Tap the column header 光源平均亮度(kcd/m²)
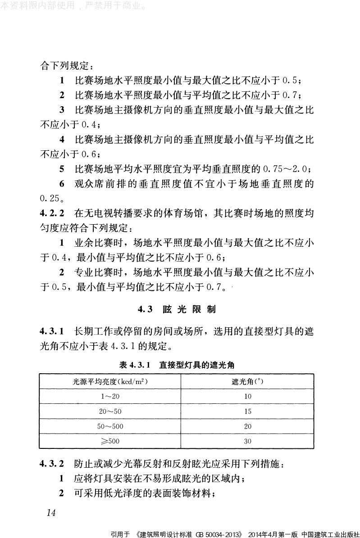tap(110, 381)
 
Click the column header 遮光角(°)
tap(247, 381)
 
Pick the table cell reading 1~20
tap(110, 396)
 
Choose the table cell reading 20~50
tap(110, 411)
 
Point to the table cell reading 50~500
tap(110, 426)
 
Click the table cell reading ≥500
tap(110, 441)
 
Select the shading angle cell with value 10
tap(247, 396)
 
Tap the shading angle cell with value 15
tap(247, 411)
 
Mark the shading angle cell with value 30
tap(247, 441)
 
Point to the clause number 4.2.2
tap(52, 212)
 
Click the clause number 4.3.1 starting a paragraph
tap(52, 332)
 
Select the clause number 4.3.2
tap(52, 463)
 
